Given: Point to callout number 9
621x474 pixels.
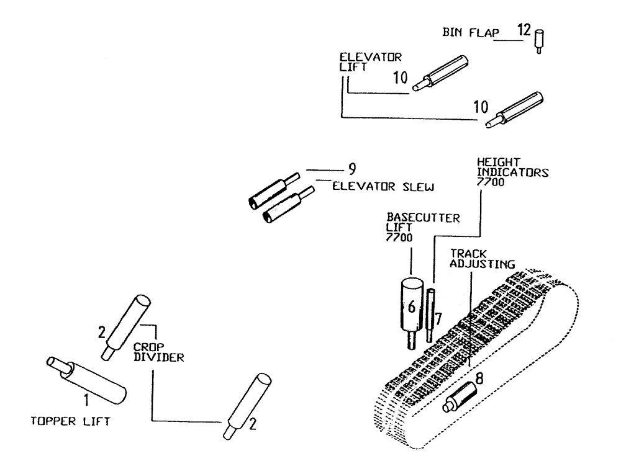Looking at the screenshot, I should [352, 169].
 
